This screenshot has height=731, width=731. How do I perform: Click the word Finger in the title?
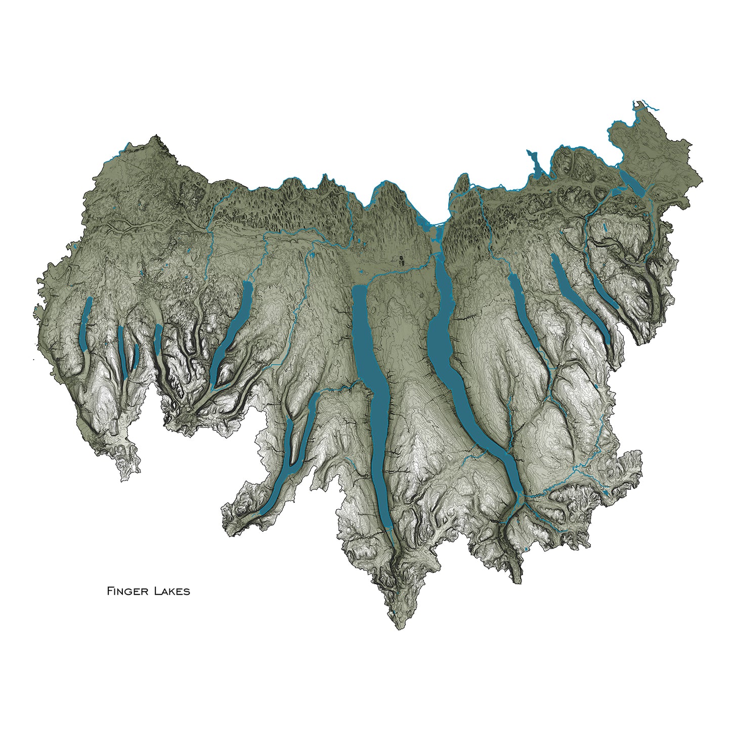124,591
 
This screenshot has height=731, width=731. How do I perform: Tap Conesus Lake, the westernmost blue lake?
85,326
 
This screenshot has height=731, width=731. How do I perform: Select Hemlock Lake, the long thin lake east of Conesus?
121,352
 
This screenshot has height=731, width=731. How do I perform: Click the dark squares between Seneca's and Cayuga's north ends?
401,261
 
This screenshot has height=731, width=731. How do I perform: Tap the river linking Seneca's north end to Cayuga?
400,272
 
